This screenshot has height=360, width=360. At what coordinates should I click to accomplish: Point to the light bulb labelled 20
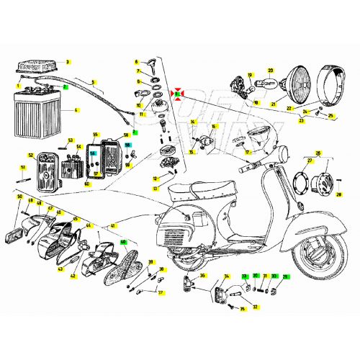click(x=270, y=81)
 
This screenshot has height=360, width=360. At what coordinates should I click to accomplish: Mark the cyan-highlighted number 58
click(x=127, y=145)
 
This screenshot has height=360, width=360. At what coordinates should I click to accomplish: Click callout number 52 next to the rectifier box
click(x=31, y=155)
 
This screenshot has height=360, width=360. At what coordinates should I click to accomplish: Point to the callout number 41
click(x=112, y=226)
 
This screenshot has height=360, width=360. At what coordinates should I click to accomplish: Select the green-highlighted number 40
click(x=123, y=242)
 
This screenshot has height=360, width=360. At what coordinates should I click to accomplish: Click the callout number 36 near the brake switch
click(x=203, y=275)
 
